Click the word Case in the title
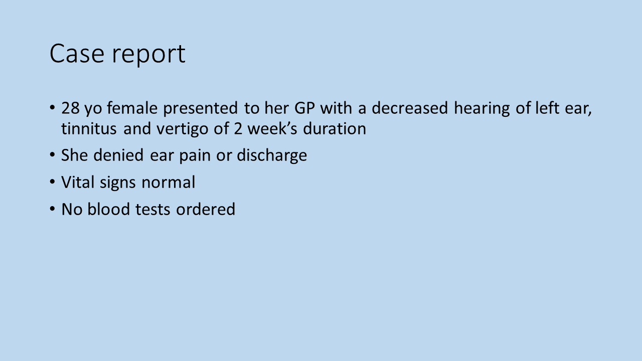click(77, 53)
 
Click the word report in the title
click(149, 55)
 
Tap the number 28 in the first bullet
click(71, 108)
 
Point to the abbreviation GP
click(304, 108)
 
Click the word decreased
click(410, 108)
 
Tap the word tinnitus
click(89, 128)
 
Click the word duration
click(335, 128)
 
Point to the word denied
click(118, 155)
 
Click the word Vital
click(78, 182)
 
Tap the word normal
click(169, 182)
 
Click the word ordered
click(206, 209)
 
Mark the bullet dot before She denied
click(52, 155)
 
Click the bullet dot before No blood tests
click(52, 209)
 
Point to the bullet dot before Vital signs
click(52, 182)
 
